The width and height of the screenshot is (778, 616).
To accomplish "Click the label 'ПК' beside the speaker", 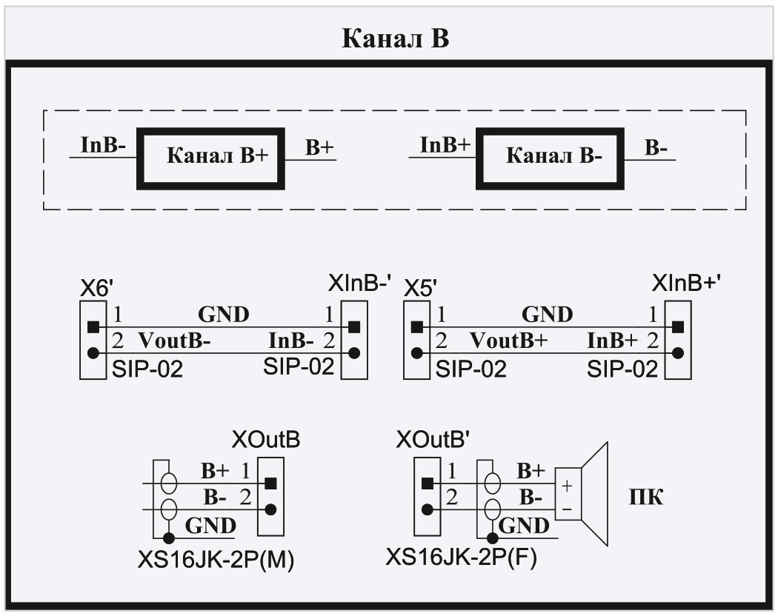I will point(645,497).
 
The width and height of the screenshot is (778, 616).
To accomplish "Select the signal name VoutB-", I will point(176,341).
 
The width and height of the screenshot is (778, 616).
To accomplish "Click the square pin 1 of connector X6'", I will point(93,327).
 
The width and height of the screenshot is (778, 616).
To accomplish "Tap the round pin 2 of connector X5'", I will point(417,352).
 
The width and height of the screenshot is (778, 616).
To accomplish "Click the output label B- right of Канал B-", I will point(656,147).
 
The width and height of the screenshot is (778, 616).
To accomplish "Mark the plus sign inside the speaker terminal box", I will point(568,486).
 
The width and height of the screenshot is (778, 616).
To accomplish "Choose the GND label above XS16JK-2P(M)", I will point(210,525).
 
